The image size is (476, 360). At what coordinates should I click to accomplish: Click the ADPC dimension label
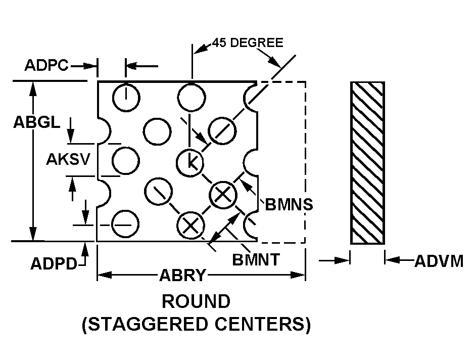click(x=46, y=65)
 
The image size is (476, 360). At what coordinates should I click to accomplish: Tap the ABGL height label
click(x=36, y=123)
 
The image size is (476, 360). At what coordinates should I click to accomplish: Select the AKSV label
click(x=68, y=160)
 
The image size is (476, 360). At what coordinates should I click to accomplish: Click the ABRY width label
click(x=182, y=276)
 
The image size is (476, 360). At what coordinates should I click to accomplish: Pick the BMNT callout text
click(x=256, y=260)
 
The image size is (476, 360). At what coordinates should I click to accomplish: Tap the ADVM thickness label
click(x=439, y=261)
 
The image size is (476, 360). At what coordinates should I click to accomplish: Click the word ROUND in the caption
click(x=196, y=302)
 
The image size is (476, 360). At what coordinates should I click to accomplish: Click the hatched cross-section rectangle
click(x=367, y=163)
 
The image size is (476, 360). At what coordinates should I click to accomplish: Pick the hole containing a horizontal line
click(x=124, y=223)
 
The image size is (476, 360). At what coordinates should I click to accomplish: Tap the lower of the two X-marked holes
click(x=190, y=224)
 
